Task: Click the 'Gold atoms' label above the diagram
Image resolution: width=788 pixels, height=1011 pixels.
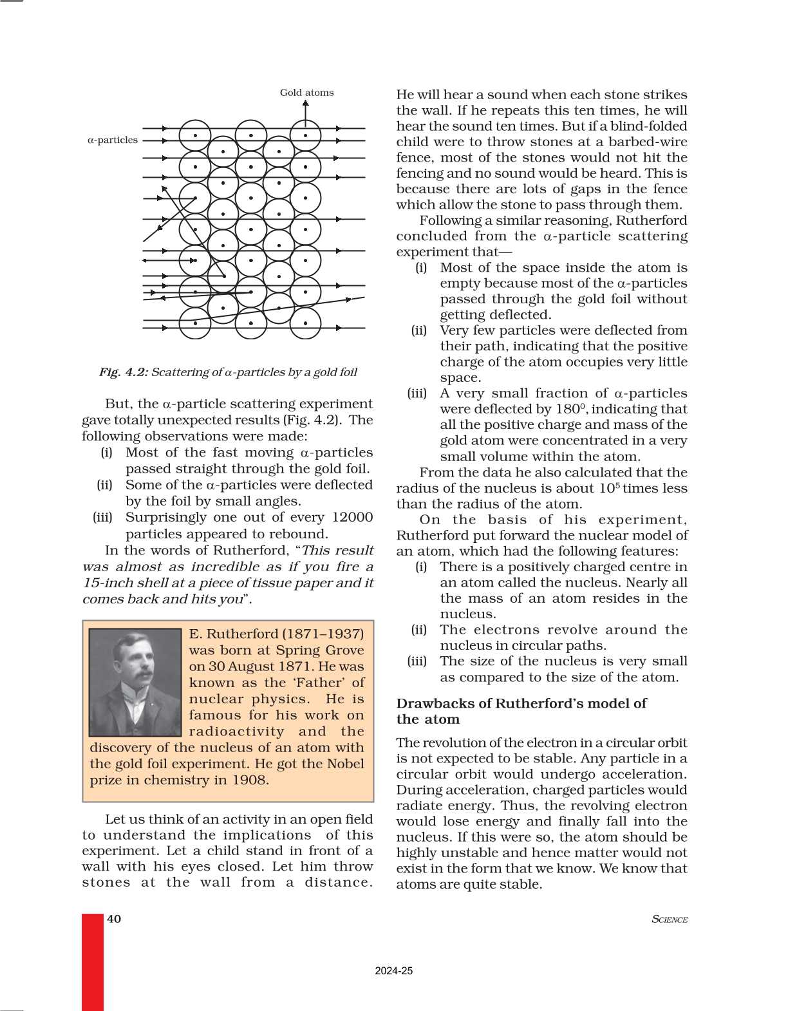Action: click(306, 93)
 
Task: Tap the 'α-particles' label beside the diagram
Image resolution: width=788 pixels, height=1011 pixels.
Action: click(113, 140)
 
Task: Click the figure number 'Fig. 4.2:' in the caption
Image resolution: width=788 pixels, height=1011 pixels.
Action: click(123, 372)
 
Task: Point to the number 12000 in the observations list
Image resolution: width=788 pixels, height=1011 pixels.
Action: click(352, 518)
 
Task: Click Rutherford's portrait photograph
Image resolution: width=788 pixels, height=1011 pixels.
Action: click(135, 683)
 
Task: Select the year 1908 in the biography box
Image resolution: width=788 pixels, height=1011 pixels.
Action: click(250, 780)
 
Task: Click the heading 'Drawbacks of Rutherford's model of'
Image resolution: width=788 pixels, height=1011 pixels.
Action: click(521, 703)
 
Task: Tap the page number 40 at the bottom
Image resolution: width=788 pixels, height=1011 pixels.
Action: click(114, 919)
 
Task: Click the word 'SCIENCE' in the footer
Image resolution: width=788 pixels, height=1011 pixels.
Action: click(670, 920)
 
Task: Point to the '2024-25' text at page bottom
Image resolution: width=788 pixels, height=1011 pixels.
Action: click(393, 971)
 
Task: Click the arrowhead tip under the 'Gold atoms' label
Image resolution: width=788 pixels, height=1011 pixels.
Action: click(306, 103)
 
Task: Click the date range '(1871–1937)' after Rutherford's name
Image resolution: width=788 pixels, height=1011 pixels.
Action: click(323, 634)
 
